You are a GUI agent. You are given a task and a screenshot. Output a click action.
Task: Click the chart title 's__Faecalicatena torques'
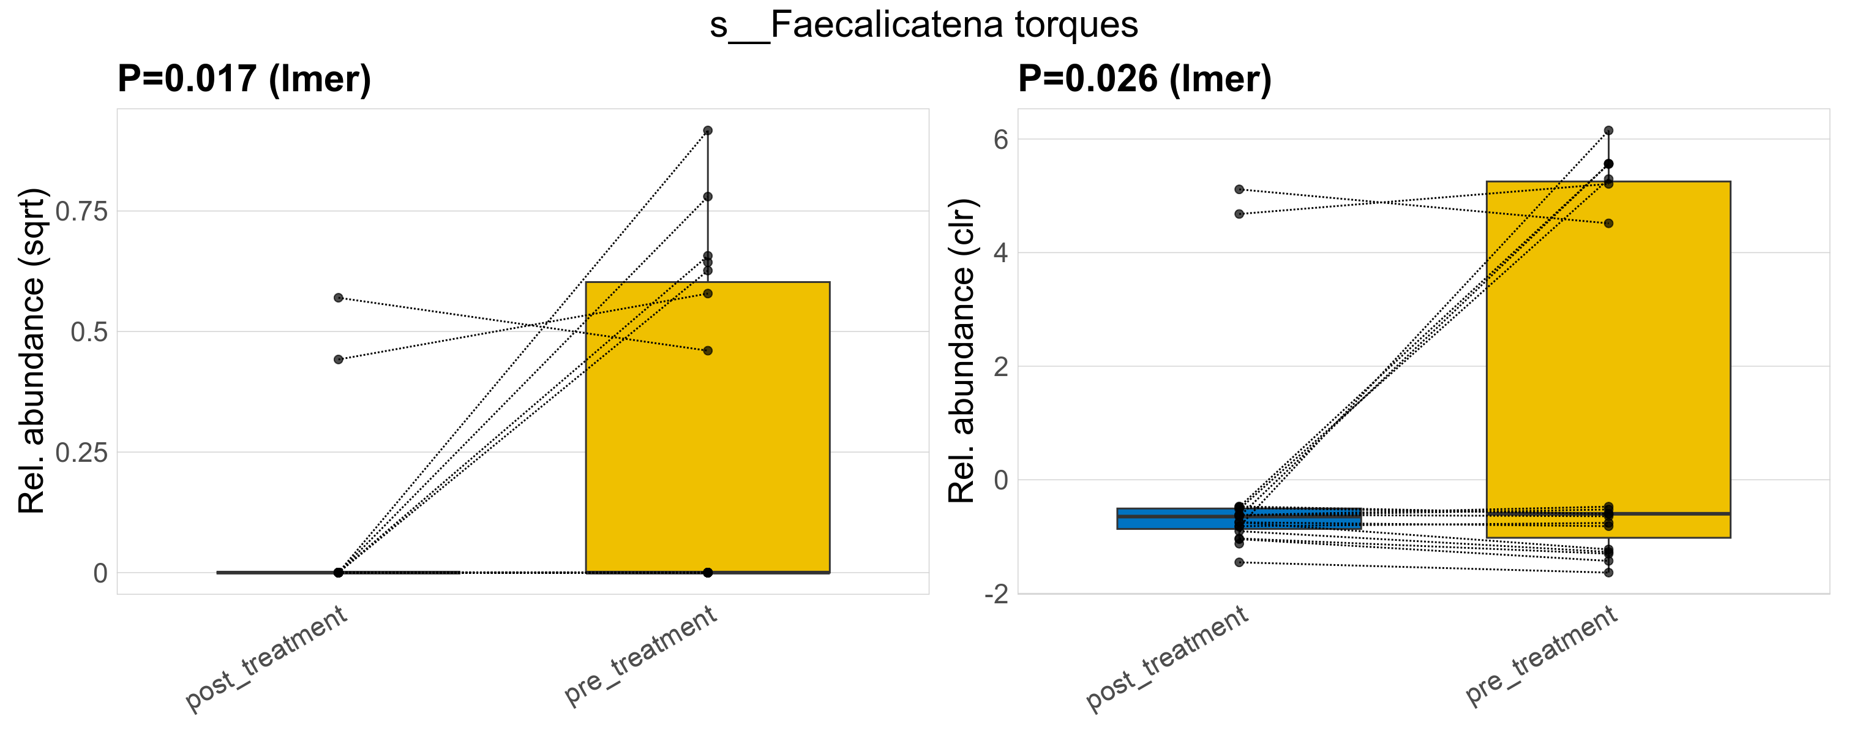(924, 25)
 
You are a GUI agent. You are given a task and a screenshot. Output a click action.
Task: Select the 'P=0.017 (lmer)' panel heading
(244, 78)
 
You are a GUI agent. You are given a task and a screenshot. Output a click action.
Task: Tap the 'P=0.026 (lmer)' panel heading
(1144, 78)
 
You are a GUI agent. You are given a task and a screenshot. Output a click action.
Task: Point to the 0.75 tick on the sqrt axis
(81, 212)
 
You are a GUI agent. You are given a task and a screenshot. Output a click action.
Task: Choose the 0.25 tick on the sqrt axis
(81, 453)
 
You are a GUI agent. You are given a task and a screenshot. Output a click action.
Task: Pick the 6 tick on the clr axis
(1000, 139)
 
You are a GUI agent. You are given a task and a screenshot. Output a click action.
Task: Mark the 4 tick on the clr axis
(1000, 252)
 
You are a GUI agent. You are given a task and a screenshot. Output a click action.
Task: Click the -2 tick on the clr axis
(996, 594)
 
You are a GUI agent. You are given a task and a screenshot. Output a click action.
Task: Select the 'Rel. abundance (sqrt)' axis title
(32, 351)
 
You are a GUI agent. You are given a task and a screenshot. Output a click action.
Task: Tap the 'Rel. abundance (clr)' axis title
(962, 351)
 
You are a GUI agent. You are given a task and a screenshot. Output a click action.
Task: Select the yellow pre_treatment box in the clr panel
(1608, 344)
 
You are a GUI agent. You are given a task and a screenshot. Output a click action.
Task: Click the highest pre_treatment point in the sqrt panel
(708, 130)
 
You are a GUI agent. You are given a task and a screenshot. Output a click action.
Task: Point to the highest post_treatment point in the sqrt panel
(338, 298)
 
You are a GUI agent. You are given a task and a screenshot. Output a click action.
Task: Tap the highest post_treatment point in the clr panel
(1239, 189)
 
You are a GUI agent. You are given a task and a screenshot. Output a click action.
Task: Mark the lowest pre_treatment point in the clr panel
(1608, 573)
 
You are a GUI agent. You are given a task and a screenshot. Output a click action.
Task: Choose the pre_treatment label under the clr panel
(1541, 655)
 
